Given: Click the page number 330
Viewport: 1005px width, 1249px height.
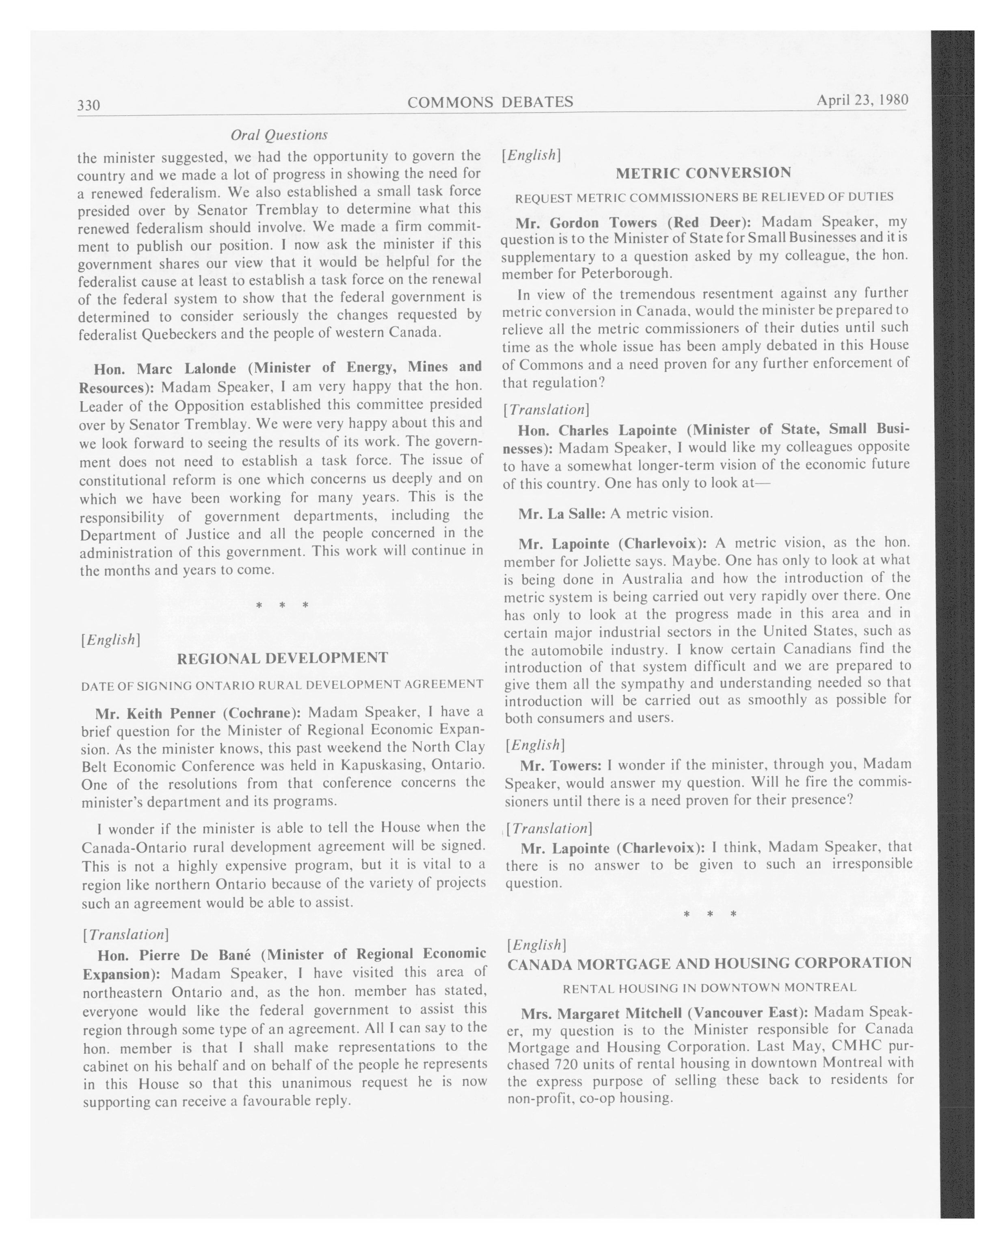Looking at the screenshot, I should pos(89,105).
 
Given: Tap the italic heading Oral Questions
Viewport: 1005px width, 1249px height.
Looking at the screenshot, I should pos(279,135).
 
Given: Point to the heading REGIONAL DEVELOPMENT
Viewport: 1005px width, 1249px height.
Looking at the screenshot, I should pos(282,658).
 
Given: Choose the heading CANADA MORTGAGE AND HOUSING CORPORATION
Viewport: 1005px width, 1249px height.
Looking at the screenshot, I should pos(709,964).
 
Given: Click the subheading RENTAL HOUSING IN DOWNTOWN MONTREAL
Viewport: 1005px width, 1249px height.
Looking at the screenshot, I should pos(709,988).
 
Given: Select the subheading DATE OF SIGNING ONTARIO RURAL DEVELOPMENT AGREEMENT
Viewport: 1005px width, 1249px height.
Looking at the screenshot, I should pos(282,685).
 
